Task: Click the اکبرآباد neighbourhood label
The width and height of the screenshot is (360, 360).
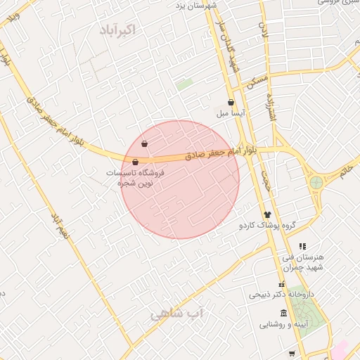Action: coord(117,30)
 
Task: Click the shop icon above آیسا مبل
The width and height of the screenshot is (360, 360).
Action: coord(231,102)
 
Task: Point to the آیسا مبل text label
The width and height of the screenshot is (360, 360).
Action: coord(231,112)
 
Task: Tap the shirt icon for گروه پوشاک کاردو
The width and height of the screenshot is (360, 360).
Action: coord(267,214)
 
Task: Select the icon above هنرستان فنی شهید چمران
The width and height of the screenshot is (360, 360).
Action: coord(302,246)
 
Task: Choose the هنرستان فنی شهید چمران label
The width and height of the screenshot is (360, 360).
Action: coord(302,262)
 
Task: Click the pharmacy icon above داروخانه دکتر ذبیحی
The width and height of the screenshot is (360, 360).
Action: coord(282,285)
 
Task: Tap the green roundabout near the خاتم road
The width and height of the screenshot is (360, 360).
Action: coord(316,183)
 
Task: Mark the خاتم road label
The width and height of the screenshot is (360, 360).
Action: coord(346,169)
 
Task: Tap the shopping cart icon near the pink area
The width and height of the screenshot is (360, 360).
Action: coord(292,353)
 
